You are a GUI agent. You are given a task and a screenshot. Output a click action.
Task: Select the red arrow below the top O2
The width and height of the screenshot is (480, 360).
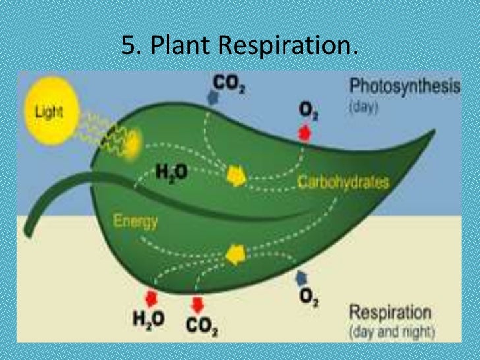[x=305, y=133]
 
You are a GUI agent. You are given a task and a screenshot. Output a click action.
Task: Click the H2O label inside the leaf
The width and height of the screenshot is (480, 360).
[x=171, y=173]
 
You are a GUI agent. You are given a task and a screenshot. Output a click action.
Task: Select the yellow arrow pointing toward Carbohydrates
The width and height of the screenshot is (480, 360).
[x=235, y=176]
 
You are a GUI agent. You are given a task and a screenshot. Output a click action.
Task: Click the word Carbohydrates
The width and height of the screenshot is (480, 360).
[x=344, y=181]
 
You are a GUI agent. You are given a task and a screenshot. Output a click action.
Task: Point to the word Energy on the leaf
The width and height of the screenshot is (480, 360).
[x=136, y=221]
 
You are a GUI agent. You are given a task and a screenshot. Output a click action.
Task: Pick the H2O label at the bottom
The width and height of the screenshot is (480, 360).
[x=148, y=320]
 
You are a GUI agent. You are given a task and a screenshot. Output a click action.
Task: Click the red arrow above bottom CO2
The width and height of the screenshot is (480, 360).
[x=197, y=304]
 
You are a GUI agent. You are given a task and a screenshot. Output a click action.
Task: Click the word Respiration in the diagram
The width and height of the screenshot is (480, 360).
[x=389, y=312]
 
